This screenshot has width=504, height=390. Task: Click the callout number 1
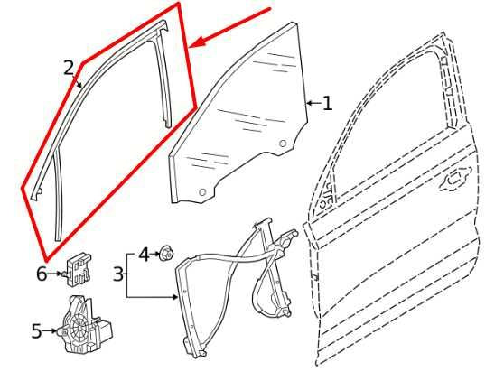pyautogui.click(x=327, y=104)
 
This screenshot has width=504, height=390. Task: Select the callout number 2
pyautogui.click(x=69, y=68)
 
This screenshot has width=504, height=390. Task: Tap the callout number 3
pyautogui.click(x=118, y=274)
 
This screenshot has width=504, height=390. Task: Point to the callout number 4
pyautogui.click(x=145, y=255)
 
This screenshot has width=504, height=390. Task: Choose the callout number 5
pyautogui.click(x=37, y=330)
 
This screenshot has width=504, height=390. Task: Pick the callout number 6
pyautogui.click(x=42, y=274)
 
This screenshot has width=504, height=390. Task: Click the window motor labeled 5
pyautogui.click(x=86, y=325)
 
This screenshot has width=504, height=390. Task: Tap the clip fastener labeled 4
pyautogui.click(x=166, y=253)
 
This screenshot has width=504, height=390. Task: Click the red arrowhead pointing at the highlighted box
pyautogui.click(x=197, y=43)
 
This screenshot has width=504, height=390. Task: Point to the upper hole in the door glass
pyautogui.click(x=283, y=144)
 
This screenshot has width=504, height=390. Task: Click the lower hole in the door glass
pyautogui.click(x=202, y=192)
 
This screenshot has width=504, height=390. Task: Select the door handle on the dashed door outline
pyautogui.click(x=454, y=180)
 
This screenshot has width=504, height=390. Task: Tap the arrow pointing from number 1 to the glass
pyautogui.click(x=313, y=104)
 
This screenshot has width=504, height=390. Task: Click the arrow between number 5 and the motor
pyautogui.click(x=50, y=330)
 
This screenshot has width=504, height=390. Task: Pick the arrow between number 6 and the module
pyautogui.click(x=54, y=274)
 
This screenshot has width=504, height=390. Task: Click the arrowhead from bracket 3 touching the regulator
pyautogui.click(x=175, y=297)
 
